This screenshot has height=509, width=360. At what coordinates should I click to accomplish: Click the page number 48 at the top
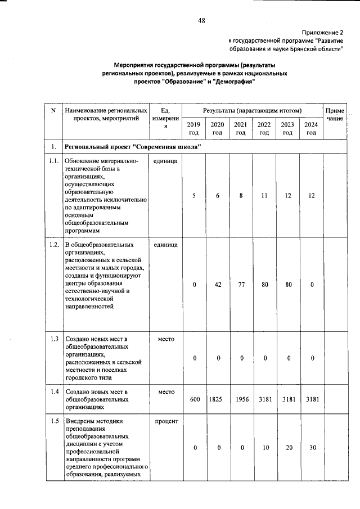coord(201,21)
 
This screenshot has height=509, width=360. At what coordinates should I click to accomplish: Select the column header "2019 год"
coord(193,129)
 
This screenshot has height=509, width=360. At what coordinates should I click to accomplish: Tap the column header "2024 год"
coord(311,129)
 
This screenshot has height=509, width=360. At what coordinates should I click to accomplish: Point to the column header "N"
coord(53,110)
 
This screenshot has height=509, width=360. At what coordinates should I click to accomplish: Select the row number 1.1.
coord(53,161)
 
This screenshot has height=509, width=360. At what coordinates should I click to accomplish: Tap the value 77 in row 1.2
coord(241,285)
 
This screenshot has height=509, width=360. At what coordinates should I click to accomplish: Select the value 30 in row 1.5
coord(311,448)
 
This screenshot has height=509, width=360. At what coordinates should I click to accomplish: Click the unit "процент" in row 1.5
coord(165,421)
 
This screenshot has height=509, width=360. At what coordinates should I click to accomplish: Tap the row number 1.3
coord(53,339)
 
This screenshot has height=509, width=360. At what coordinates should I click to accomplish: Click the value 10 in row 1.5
coord(264,448)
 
